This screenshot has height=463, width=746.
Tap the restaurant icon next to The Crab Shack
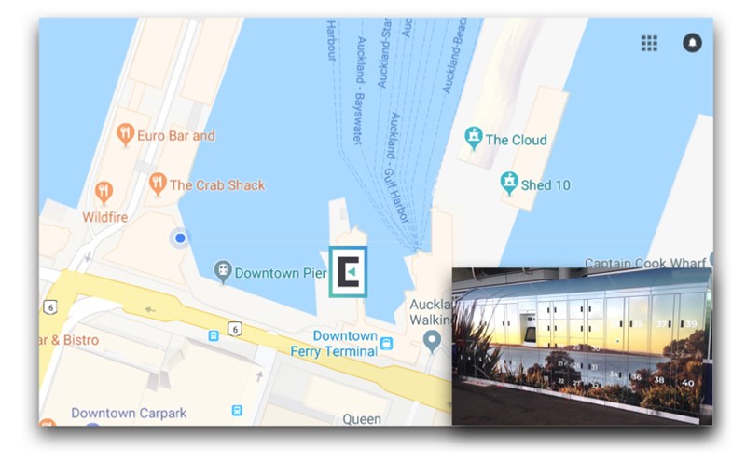158,184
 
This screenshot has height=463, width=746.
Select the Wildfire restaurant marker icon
104,193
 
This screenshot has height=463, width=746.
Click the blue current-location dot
180,238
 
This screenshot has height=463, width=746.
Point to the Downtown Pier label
280,273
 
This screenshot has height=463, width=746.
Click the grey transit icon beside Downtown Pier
222,272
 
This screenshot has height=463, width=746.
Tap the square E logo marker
348,272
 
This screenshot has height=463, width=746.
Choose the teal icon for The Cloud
474,140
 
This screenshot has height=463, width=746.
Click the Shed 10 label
545,184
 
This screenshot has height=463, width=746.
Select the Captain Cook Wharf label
646,263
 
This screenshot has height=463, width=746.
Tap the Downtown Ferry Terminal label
345,343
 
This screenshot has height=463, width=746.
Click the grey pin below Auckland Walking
431,342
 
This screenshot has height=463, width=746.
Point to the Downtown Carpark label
129,413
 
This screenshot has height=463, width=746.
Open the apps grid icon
649,43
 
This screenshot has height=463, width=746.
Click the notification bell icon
692,43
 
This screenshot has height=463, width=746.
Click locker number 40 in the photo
688,382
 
